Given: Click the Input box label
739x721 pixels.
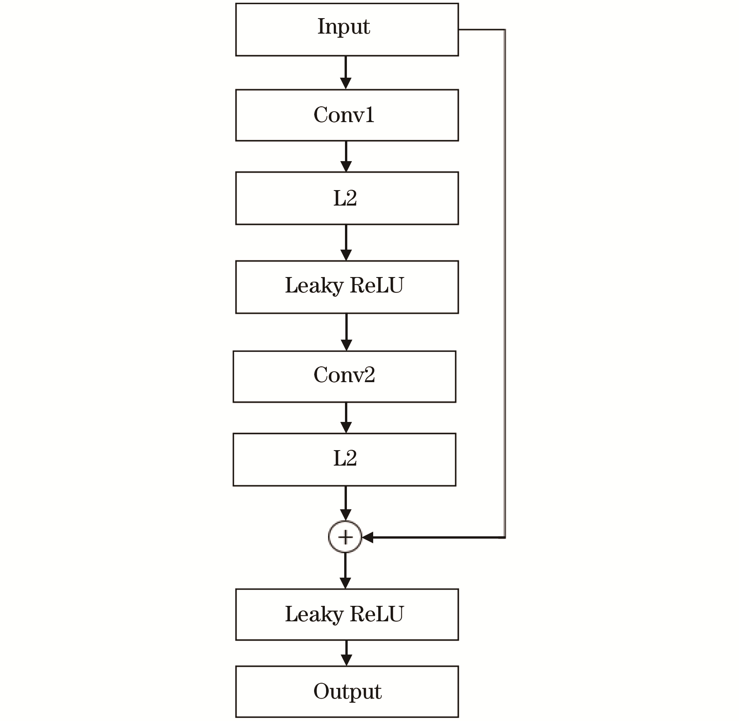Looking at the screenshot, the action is pyautogui.click(x=343, y=27).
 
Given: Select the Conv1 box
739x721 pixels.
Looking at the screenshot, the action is pyautogui.click(x=347, y=115).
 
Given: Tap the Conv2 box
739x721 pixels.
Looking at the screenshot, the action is pyautogui.click(x=344, y=377).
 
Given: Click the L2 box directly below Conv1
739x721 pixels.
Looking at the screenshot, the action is pyautogui.click(x=347, y=198).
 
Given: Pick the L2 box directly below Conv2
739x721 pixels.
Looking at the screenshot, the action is pyautogui.click(x=344, y=460).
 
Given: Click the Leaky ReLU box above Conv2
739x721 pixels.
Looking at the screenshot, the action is pyautogui.click(x=347, y=287).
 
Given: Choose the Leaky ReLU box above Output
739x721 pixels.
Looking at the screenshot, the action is pyautogui.click(x=347, y=615).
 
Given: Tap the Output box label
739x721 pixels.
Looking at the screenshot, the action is pyautogui.click(x=347, y=692).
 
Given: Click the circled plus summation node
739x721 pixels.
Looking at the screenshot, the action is pyautogui.click(x=345, y=537).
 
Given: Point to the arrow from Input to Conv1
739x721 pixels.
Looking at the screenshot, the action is pyautogui.click(x=346, y=73).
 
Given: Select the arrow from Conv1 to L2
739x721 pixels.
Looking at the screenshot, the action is pyautogui.click(x=346, y=156).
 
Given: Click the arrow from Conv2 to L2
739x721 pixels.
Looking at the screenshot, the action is pyautogui.click(x=346, y=418).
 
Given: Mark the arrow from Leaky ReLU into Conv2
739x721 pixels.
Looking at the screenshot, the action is pyautogui.click(x=347, y=332).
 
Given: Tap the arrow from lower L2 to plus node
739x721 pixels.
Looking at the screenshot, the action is pyautogui.click(x=346, y=503).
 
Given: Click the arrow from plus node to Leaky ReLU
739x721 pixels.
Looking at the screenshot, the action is pyautogui.click(x=345, y=571).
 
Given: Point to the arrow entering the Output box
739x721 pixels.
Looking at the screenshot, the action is pyautogui.click(x=347, y=653).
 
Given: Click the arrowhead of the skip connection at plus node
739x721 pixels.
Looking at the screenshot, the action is pyautogui.click(x=367, y=537).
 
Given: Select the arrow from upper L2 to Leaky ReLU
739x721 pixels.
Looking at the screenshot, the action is pyautogui.click(x=346, y=243).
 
